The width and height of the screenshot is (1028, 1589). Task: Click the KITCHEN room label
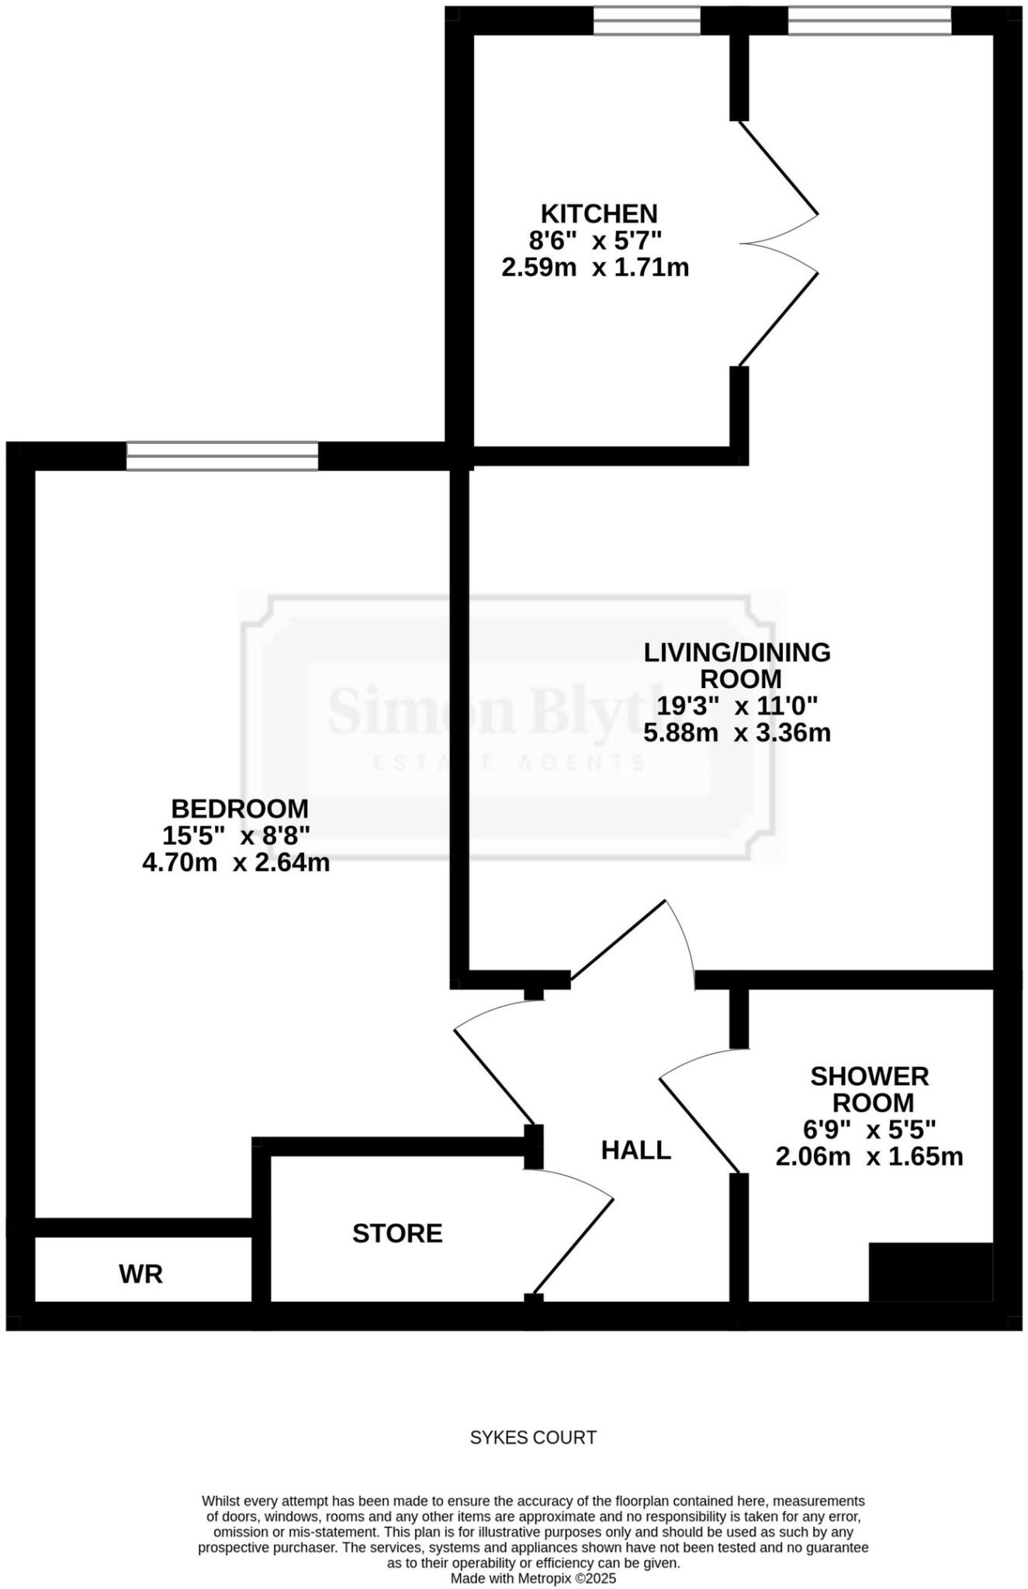point(598,213)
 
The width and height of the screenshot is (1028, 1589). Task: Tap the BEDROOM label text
point(240,808)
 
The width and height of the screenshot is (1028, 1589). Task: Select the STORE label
point(397,1233)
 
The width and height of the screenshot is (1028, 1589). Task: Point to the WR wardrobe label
point(141,1273)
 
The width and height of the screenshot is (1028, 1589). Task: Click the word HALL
point(635,1150)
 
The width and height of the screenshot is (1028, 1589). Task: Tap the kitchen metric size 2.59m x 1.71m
point(595,268)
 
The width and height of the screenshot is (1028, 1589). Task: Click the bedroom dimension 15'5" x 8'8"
point(236,836)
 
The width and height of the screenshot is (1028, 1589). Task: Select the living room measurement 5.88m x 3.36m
point(737,732)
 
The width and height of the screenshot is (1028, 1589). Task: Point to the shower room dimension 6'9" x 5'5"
point(869,1129)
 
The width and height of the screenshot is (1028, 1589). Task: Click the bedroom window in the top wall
point(223,456)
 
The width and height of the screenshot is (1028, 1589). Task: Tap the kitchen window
point(646,21)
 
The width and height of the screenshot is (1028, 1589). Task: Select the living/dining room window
point(870,21)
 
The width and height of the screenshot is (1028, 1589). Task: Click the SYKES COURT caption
point(533,1438)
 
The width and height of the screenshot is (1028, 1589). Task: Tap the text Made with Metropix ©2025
point(533,1578)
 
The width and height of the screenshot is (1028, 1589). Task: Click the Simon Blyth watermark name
point(497,711)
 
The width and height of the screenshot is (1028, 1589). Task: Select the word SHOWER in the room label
point(869,1076)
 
